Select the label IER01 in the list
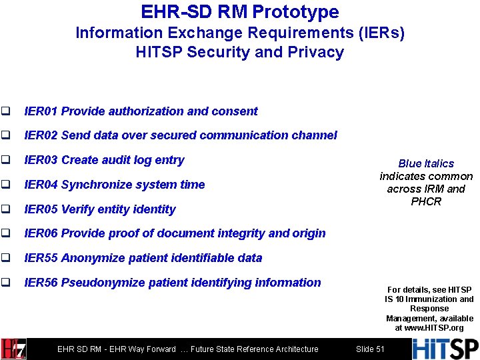41,111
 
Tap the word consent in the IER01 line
236,111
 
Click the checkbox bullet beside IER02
6,135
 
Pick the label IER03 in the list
41,160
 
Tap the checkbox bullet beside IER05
6,209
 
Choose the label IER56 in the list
41,283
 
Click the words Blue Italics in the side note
426,163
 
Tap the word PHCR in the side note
426,201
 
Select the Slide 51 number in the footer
370,349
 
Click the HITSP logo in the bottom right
445,349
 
